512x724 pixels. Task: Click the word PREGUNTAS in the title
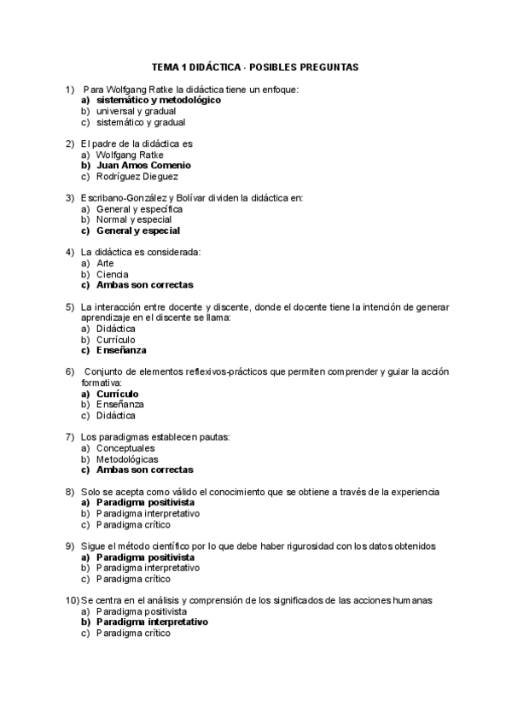click(x=329, y=67)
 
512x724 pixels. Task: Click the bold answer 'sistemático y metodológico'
click(x=158, y=100)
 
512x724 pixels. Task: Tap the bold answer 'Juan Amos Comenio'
click(x=143, y=166)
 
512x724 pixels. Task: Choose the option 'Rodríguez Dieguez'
click(x=137, y=177)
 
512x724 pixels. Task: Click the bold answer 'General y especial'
click(x=138, y=231)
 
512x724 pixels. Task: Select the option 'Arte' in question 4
click(x=105, y=263)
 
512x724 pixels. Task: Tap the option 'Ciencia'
click(x=113, y=274)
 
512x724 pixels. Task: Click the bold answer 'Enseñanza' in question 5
click(x=121, y=350)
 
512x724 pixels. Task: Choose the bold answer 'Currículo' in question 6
click(x=118, y=394)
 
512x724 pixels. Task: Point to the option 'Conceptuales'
click(x=125, y=447)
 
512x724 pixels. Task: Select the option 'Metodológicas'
click(x=127, y=458)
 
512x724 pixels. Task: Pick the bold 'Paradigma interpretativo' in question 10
click(x=152, y=622)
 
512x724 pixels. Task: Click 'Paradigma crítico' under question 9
click(x=134, y=579)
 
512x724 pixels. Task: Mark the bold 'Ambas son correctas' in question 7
click(x=145, y=470)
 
